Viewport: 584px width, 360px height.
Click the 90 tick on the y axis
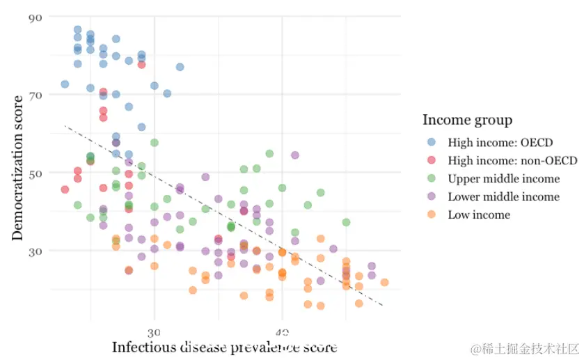pyautogui.click(x=35, y=17)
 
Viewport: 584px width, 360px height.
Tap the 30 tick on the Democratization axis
pyautogui.click(x=35, y=251)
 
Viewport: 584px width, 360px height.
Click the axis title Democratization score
pyautogui.click(x=18, y=166)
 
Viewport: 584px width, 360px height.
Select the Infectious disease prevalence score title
pyautogui.click(x=224, y=347)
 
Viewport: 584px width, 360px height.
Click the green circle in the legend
pyautogui.click(x=432, y=179)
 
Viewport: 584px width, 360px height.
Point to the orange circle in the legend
pyautogui.click(x=432, y=215)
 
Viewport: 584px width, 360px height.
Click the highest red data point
pyautogui.click(x=141, y=65)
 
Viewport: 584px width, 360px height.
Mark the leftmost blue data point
pyautogui.click(x=65, y=84)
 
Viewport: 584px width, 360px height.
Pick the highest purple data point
pyautogui.click(x=295, y=155)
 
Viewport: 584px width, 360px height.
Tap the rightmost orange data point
pyautogui.click(x=384, y=282)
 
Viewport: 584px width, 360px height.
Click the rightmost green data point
pyautogui.click(x=346, y=222)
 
